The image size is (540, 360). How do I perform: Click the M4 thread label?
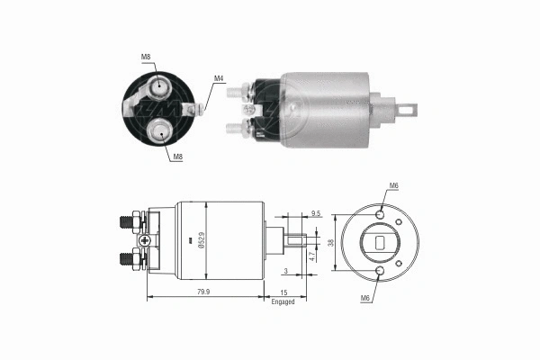219,79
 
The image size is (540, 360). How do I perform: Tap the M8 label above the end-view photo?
146,57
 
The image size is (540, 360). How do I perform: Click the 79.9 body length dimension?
204,292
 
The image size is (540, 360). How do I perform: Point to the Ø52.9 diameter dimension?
201,240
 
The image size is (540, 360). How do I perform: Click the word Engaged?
283,301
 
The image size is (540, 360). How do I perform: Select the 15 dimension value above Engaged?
283,292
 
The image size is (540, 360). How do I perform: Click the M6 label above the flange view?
393,187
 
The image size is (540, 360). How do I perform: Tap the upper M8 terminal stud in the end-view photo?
158,88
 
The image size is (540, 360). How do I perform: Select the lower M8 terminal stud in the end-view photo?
160,131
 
